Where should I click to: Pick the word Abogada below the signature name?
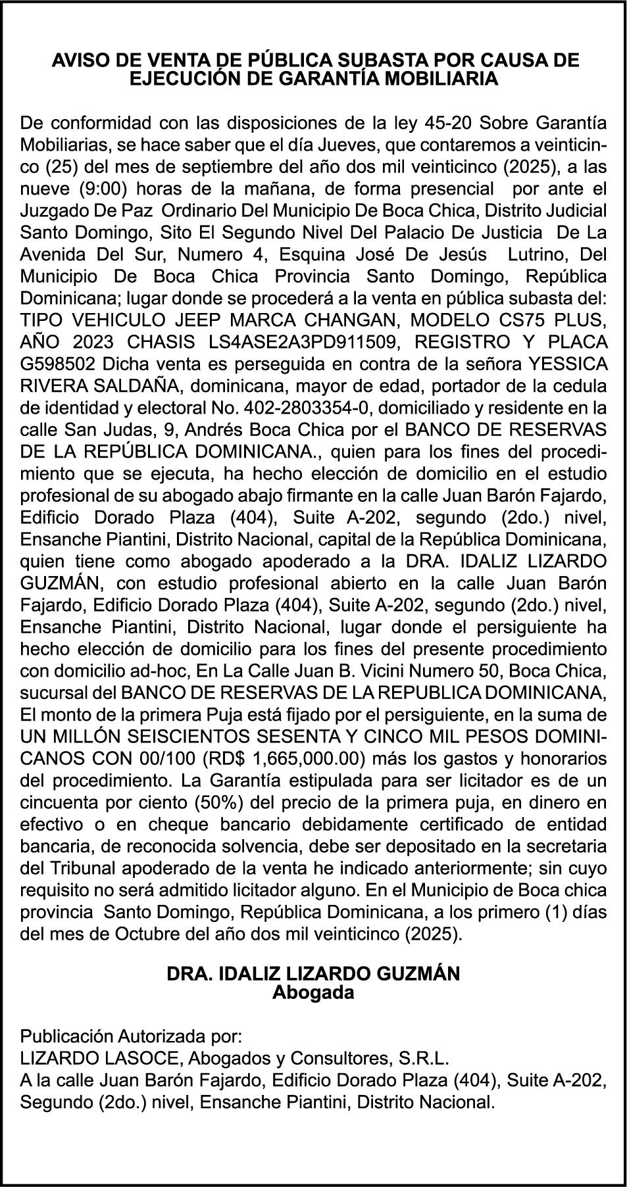pos(313,992)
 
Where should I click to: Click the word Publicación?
pos(66,1037)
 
